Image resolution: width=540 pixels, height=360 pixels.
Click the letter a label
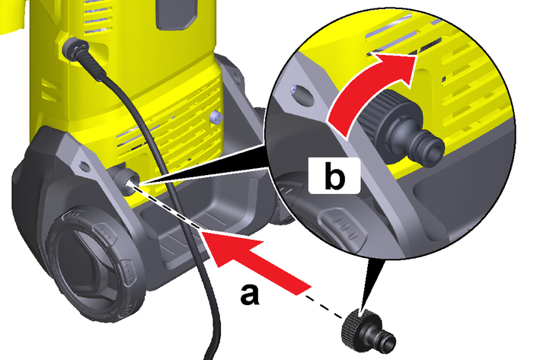tap(250, 295)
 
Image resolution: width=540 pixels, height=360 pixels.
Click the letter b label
tap(335, 176)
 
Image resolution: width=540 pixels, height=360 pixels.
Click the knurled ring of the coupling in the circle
tap(375, 114)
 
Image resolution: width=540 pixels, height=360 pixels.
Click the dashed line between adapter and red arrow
tap(324, 307)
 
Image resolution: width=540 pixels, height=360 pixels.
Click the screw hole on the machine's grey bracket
tap(83, 166)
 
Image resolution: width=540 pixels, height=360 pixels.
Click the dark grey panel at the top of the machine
tap(177, 14)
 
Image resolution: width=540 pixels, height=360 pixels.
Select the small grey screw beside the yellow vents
tap(216, 118)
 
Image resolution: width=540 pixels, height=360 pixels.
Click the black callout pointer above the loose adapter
tap(369, 282)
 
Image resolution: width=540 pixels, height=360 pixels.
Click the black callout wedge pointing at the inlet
tap(203, 164)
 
